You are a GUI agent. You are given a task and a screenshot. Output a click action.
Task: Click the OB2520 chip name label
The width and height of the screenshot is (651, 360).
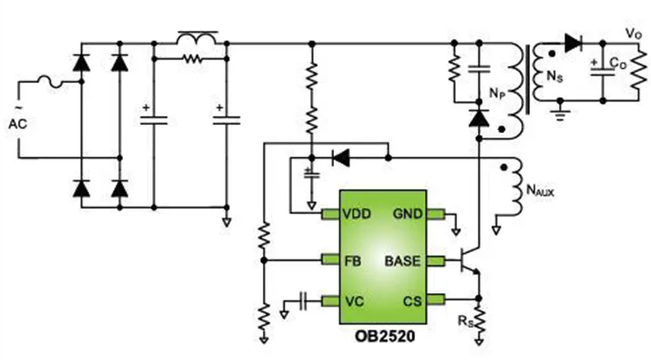pos(385,336)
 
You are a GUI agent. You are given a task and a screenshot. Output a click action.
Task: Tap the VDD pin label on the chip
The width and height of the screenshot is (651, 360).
pos(356,214)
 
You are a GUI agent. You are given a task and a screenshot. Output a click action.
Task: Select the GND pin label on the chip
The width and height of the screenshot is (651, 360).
pos(408,214)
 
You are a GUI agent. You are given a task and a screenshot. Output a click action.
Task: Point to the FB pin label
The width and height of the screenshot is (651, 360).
pos(353,261)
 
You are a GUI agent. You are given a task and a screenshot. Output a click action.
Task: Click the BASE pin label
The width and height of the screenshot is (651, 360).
pos(403,261)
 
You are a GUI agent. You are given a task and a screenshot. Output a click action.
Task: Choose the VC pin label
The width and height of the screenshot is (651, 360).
pos(354,301)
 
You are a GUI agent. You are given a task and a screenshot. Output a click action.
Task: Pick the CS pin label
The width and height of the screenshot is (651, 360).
pos(411,301)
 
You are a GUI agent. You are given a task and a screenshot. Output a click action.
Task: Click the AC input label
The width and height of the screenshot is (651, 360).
pos(18,124)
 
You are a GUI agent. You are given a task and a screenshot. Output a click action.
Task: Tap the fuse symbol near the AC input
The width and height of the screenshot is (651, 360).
pos(51,82)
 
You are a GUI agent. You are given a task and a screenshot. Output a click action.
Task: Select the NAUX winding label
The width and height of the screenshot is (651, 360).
pos(541,191)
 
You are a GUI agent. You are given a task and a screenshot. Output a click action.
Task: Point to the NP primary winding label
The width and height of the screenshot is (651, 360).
pos(498,94)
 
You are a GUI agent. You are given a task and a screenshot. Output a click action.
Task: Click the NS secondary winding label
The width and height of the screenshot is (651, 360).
pos(555,77)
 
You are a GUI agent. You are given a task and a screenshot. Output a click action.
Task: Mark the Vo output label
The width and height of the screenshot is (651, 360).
pos(634,35)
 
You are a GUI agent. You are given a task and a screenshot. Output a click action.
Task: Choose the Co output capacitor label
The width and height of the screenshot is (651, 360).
pos(618,63)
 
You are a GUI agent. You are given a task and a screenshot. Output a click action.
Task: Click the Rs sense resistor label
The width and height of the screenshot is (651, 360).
pos(465,321)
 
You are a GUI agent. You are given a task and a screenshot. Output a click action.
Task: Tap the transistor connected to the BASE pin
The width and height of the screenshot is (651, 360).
pos(470,261)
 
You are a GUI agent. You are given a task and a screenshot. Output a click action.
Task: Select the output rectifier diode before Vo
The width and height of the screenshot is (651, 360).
pos(573,43)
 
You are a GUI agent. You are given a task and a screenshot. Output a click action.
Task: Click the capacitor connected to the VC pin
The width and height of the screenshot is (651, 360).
pos(304,301)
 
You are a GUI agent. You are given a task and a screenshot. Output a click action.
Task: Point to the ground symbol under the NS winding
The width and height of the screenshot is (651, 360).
pos(560,112)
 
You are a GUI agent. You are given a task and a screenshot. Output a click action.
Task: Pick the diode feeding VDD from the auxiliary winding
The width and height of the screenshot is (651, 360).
pos(341,158)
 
